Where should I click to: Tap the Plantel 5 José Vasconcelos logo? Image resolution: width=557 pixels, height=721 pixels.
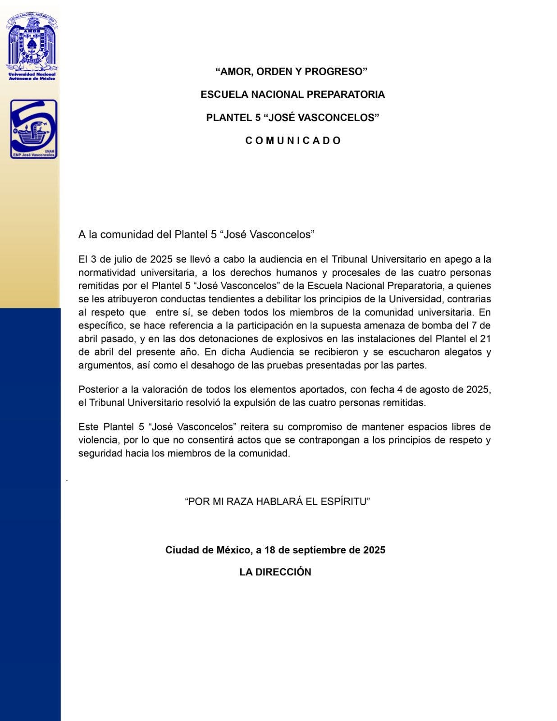click(x=34, y=129)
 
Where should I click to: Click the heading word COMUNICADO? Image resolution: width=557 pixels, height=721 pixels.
click(x=293, y=141)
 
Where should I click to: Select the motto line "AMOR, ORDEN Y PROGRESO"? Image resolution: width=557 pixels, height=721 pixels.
click(x=292, y=72)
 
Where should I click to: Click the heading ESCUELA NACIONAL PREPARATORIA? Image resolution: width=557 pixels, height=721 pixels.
click(x=292, y=95)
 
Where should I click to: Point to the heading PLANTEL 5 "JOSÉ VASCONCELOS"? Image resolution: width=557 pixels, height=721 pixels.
click(x=292, y=118)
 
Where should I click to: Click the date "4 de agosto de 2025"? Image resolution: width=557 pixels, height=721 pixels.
click(x=443, y=389)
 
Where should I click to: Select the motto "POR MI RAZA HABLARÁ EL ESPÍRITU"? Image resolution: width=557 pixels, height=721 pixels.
click(x=277, y=502)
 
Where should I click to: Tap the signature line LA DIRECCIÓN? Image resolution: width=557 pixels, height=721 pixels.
click(x=275, y=572)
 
